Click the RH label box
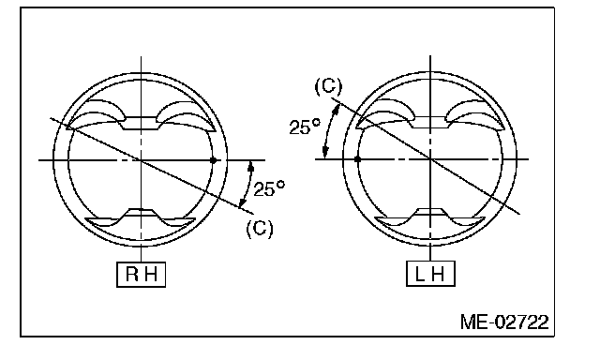pyautogui.click(x=142, y=275)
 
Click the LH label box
pyautogui.click(x=430, y=274)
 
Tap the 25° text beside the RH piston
pyautogui.click(x=269, y=188)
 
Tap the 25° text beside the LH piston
pyautogui.click(x=305, y=127)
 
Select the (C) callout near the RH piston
pyautogui.click(x=260, y=229)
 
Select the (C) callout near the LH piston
pyautogui.click(x=329, y=86)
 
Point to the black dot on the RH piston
pyautogui.click(x=214, y=160)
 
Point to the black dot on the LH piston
pyautogui.click(x=358, y=158)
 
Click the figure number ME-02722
pyautogui.click(x=504, y=322)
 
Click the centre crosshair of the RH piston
pyautogui.click(x=142, y=160)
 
